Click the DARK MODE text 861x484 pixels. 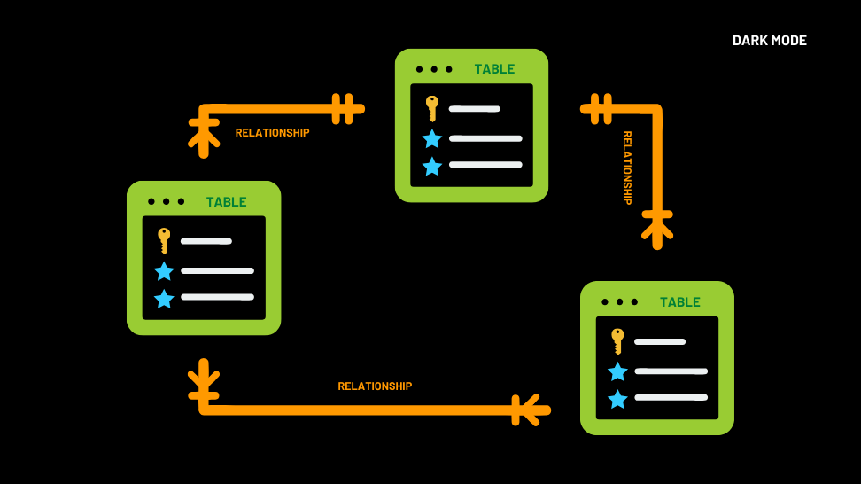(769, 41)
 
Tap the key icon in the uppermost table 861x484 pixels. (431, 108)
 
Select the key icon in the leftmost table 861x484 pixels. (164, 240)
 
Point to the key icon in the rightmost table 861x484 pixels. (617, 340)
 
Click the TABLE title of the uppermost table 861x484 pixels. (494, 69)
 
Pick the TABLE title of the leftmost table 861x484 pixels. (226, 202)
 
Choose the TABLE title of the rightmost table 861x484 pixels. (679, 302)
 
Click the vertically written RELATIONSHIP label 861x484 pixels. (627, 168)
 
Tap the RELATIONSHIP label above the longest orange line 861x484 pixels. (375, 386)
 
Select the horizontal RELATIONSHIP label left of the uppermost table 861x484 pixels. (272, 133)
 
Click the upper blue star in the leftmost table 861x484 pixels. (164, 271)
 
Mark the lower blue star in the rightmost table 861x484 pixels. (617, 399)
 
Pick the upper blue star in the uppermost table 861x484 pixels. (431, 138)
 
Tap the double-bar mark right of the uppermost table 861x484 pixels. (601, 109)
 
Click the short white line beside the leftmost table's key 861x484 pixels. (206, 241)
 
